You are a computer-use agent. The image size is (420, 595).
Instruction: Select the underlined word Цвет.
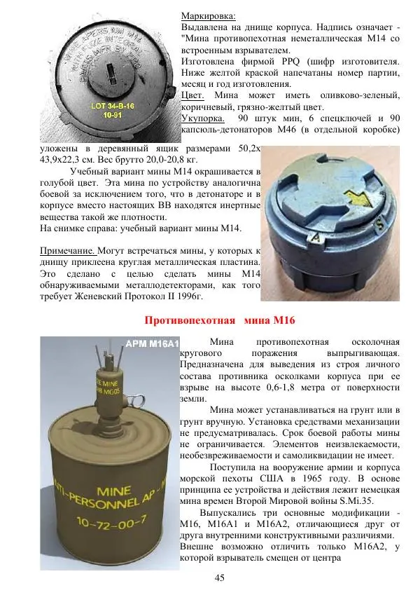(x=192, y=95)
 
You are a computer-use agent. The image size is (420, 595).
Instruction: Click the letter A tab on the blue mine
(x=315, y=238)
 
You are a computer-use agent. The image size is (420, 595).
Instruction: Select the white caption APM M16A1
(x=152, y=343)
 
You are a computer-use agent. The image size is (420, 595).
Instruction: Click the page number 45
(x=219, y=577)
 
